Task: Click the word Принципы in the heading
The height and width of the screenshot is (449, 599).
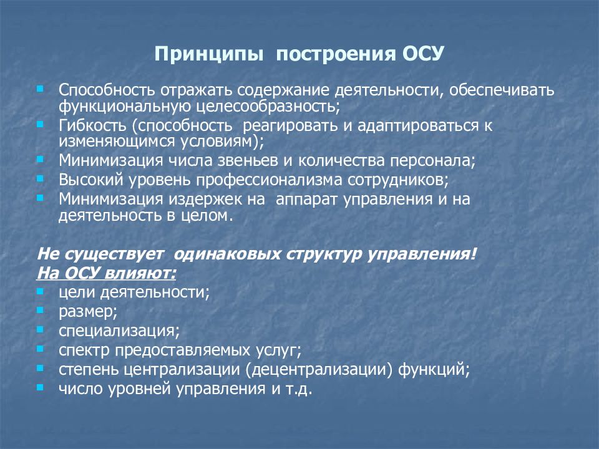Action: coord(208,54)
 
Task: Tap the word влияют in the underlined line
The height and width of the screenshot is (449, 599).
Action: coord(145,273)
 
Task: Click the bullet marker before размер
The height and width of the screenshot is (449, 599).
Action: coord(41,309)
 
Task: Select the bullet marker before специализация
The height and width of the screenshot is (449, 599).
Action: coord(41,328)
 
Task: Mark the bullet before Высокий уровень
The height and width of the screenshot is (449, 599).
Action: coord(41,179)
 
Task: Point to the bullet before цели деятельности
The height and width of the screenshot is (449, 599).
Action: coord(41,291)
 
